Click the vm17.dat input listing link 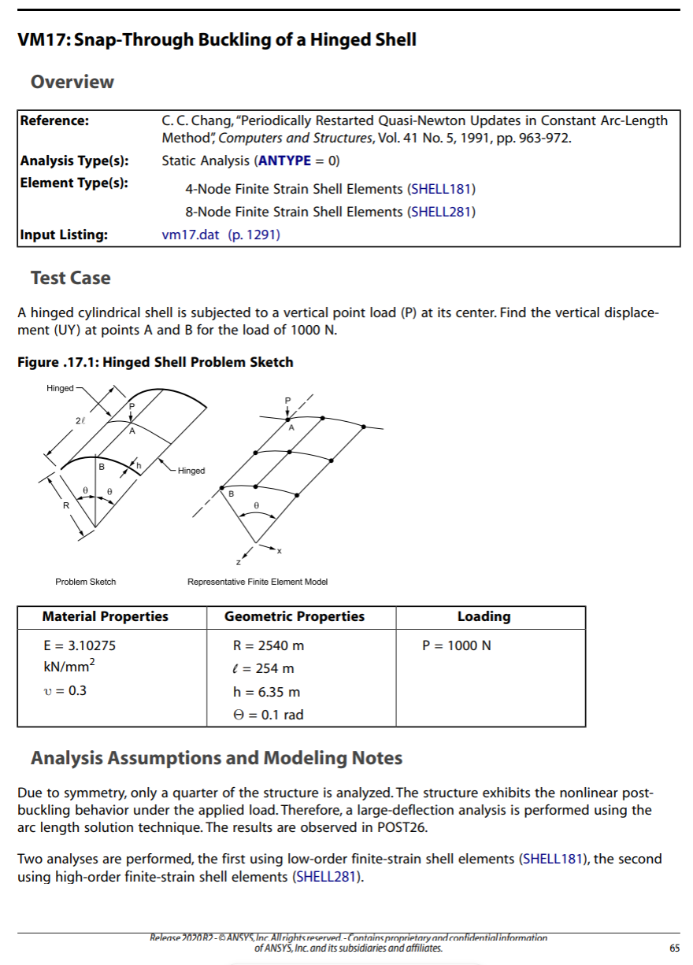(190, 235)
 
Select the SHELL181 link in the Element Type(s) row (442, 189)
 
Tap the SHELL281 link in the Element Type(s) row (442, 212)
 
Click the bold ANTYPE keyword (284, 161)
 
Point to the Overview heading (72, 82)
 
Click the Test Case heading (70, 278)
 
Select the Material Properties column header (105, 617)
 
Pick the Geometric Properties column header (295, 617)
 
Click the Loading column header (484, 617)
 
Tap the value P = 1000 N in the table (457, 645)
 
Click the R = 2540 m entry (269, 645)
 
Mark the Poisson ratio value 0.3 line (65, 691)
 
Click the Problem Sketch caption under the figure (85, 582)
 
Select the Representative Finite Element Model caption (258, 582)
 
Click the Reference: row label (54, 120)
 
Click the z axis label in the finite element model (238, 563)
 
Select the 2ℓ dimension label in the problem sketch (80, 422)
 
